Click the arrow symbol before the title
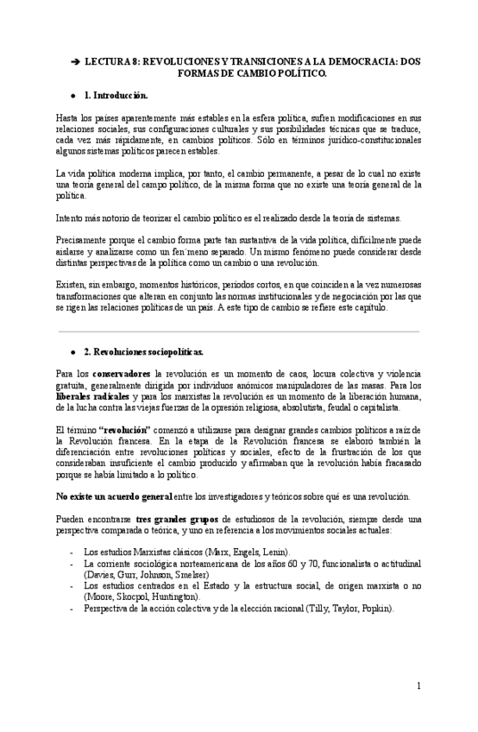pyautogui.click(x=75, y=63)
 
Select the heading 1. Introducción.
pyautogui.click(x=116, y=95)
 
